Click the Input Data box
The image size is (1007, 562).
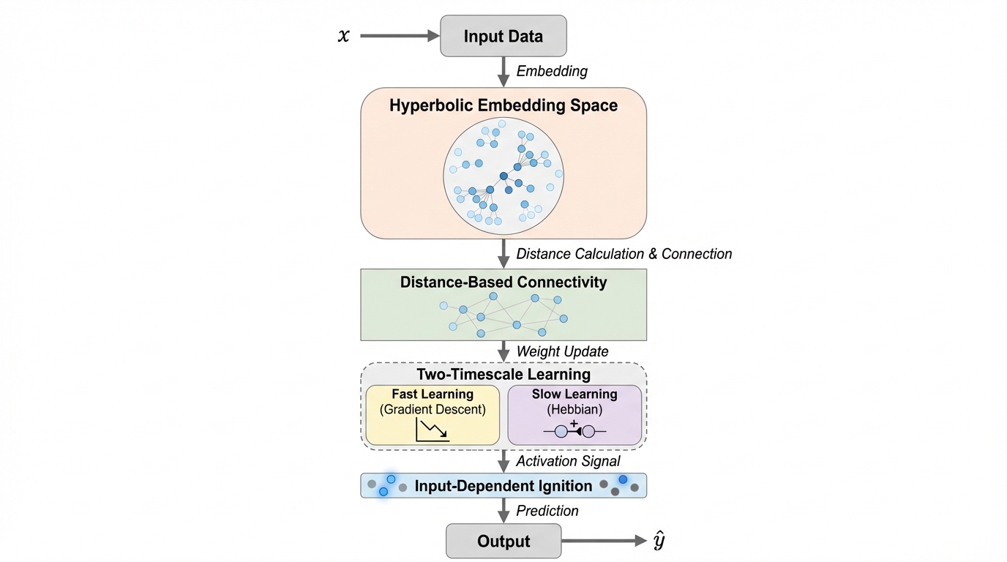click(503, 36)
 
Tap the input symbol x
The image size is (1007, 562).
click(343, 35)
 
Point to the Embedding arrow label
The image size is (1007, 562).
click(552, 71)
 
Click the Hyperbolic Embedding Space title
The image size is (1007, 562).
click(503, 105)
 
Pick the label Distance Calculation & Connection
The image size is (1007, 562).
click(624, 254)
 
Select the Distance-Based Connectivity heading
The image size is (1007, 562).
click(503, 282)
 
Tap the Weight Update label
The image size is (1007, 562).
click(562, 351)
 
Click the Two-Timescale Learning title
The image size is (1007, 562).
click(503, 375)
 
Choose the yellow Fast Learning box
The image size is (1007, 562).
click(433, 415)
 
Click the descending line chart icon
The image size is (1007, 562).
click(432, 430)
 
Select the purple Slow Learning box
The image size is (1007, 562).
click(574, 415)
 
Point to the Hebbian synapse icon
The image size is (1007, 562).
click(574, 431)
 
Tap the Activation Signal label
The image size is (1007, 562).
click(568, 461)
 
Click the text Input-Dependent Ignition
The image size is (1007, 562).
click(503, 486)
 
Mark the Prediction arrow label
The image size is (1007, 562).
click(547, 511)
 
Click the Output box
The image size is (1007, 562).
click(503, 542)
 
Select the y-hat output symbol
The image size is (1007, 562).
click(659, 542)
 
